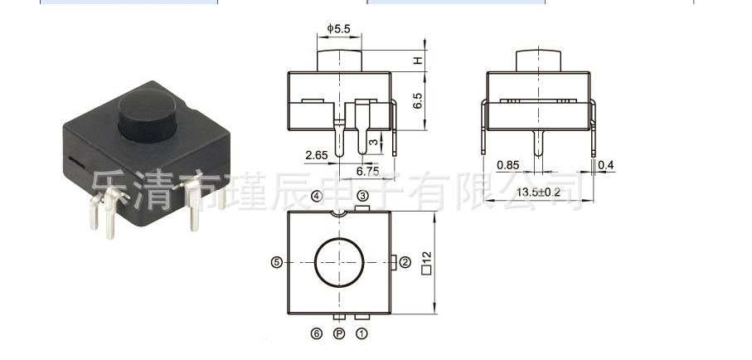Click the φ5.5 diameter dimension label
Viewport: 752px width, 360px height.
coord(339,29)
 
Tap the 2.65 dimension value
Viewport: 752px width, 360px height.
coord(317,155)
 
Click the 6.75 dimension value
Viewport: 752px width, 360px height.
coord(367,171)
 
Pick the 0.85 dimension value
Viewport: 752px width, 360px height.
coord(507,166)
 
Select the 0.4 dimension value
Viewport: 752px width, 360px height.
coord(605,166)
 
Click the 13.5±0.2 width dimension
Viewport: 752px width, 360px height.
coord(539,192)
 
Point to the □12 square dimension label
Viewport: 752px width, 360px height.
coord(427,262)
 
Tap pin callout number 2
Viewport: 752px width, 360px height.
coord(405,262)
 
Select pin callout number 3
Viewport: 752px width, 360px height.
coord(362,196)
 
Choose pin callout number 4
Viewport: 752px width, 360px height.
coord(317,196)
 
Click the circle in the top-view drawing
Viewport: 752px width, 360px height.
coord(338,262)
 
